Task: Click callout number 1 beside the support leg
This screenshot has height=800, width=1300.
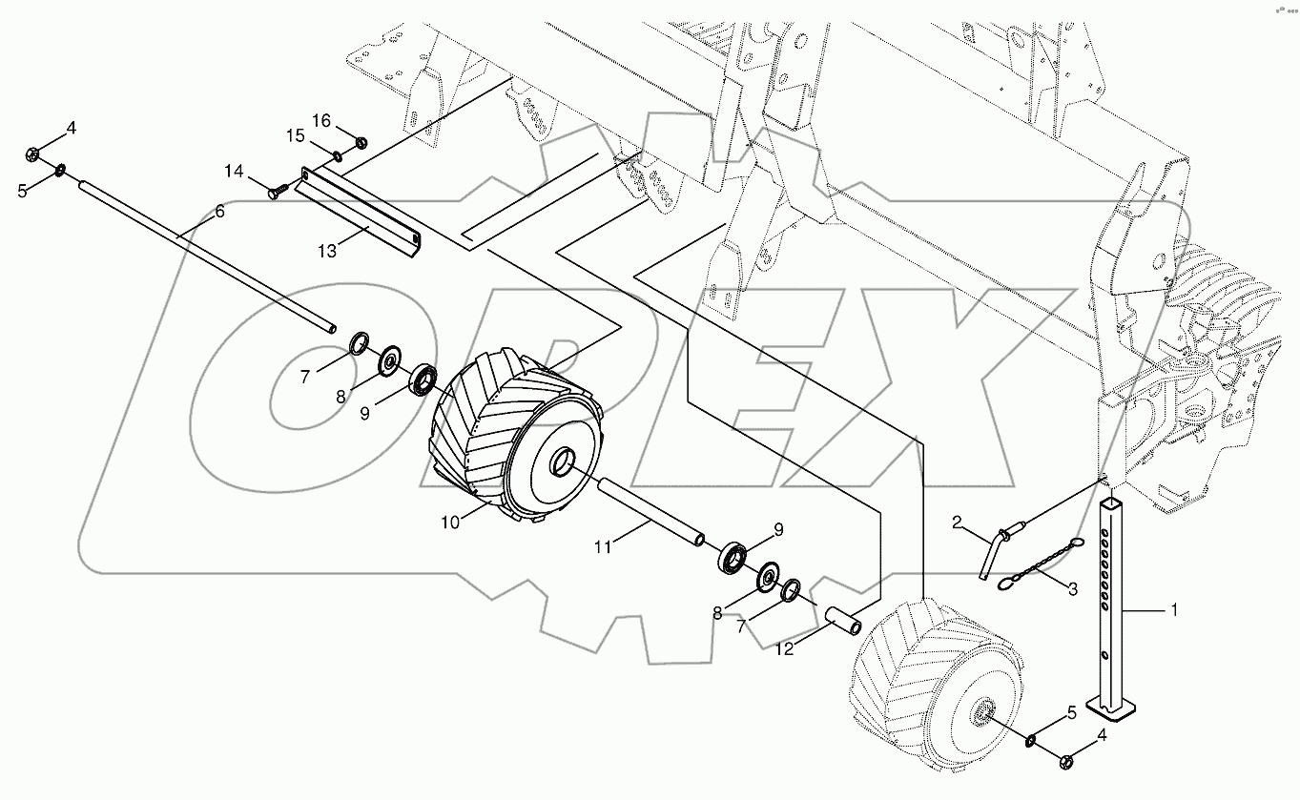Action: coord(1174,611)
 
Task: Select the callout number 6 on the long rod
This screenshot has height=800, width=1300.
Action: coord(219,212)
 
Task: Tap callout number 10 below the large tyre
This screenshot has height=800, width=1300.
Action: coord(449,521)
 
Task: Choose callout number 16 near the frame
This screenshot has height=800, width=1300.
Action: coord(320,120)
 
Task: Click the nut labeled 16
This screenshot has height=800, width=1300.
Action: coord(361,143)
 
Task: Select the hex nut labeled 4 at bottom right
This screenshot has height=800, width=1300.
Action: coord(1067,760)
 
